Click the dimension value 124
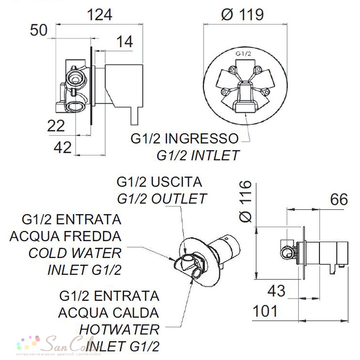(100, 15)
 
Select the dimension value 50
(39, 30)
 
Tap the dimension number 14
(125, 42)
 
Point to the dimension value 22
(56, 126)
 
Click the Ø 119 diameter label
(242, 15)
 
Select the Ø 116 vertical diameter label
(246, 201)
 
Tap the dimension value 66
(339, 199)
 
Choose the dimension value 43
(276, 291)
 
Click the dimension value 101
(265, 311)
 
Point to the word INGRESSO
(202, 139)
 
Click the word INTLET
(216, 156)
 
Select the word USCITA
(176, 182)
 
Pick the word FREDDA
(92, 236)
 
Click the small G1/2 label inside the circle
(243, 54)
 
